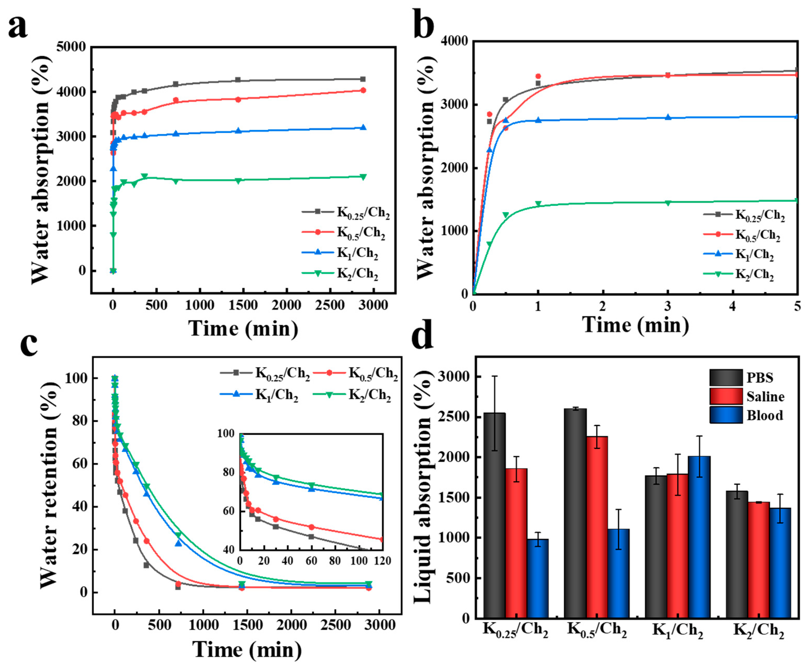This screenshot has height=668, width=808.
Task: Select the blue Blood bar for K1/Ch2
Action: [x=699, y=537]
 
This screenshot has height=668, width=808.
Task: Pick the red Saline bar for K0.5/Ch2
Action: [x=597, y=527]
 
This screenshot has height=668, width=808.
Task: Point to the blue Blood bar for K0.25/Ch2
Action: [x=538, y=578]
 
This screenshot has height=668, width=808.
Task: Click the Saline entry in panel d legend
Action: [x=765, y=397]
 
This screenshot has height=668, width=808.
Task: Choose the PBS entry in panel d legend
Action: [x=760, y=377]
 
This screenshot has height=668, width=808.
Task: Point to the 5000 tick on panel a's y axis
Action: [x=71, y=47]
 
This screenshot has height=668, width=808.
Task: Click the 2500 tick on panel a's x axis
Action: [x=330, y=305]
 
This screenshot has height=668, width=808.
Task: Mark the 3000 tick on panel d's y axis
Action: [x=454, y=376]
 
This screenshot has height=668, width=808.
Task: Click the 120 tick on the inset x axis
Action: [x=382, y=561]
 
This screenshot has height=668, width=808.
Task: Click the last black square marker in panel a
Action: [x=362, y=79]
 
